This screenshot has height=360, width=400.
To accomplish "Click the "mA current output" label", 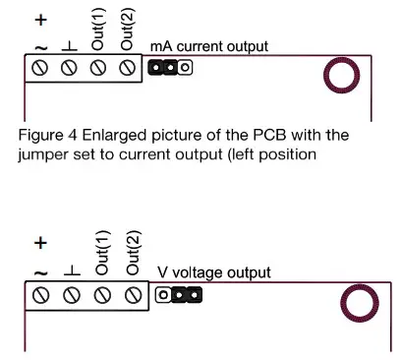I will point(209,47).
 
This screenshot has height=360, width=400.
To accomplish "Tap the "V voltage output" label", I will point(214,272).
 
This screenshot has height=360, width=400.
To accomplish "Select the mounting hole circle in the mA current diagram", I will point(345,75).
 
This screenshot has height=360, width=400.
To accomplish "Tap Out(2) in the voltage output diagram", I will point(134,254).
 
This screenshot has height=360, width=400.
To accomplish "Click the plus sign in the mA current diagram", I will point(41,19).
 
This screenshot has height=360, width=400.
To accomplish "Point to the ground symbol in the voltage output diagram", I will point(71,270).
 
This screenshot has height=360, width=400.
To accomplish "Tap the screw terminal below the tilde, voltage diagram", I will point(40,293).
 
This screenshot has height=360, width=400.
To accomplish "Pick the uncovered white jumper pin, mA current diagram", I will point(184,68).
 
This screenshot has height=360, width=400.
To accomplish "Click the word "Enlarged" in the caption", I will point(101,133).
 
